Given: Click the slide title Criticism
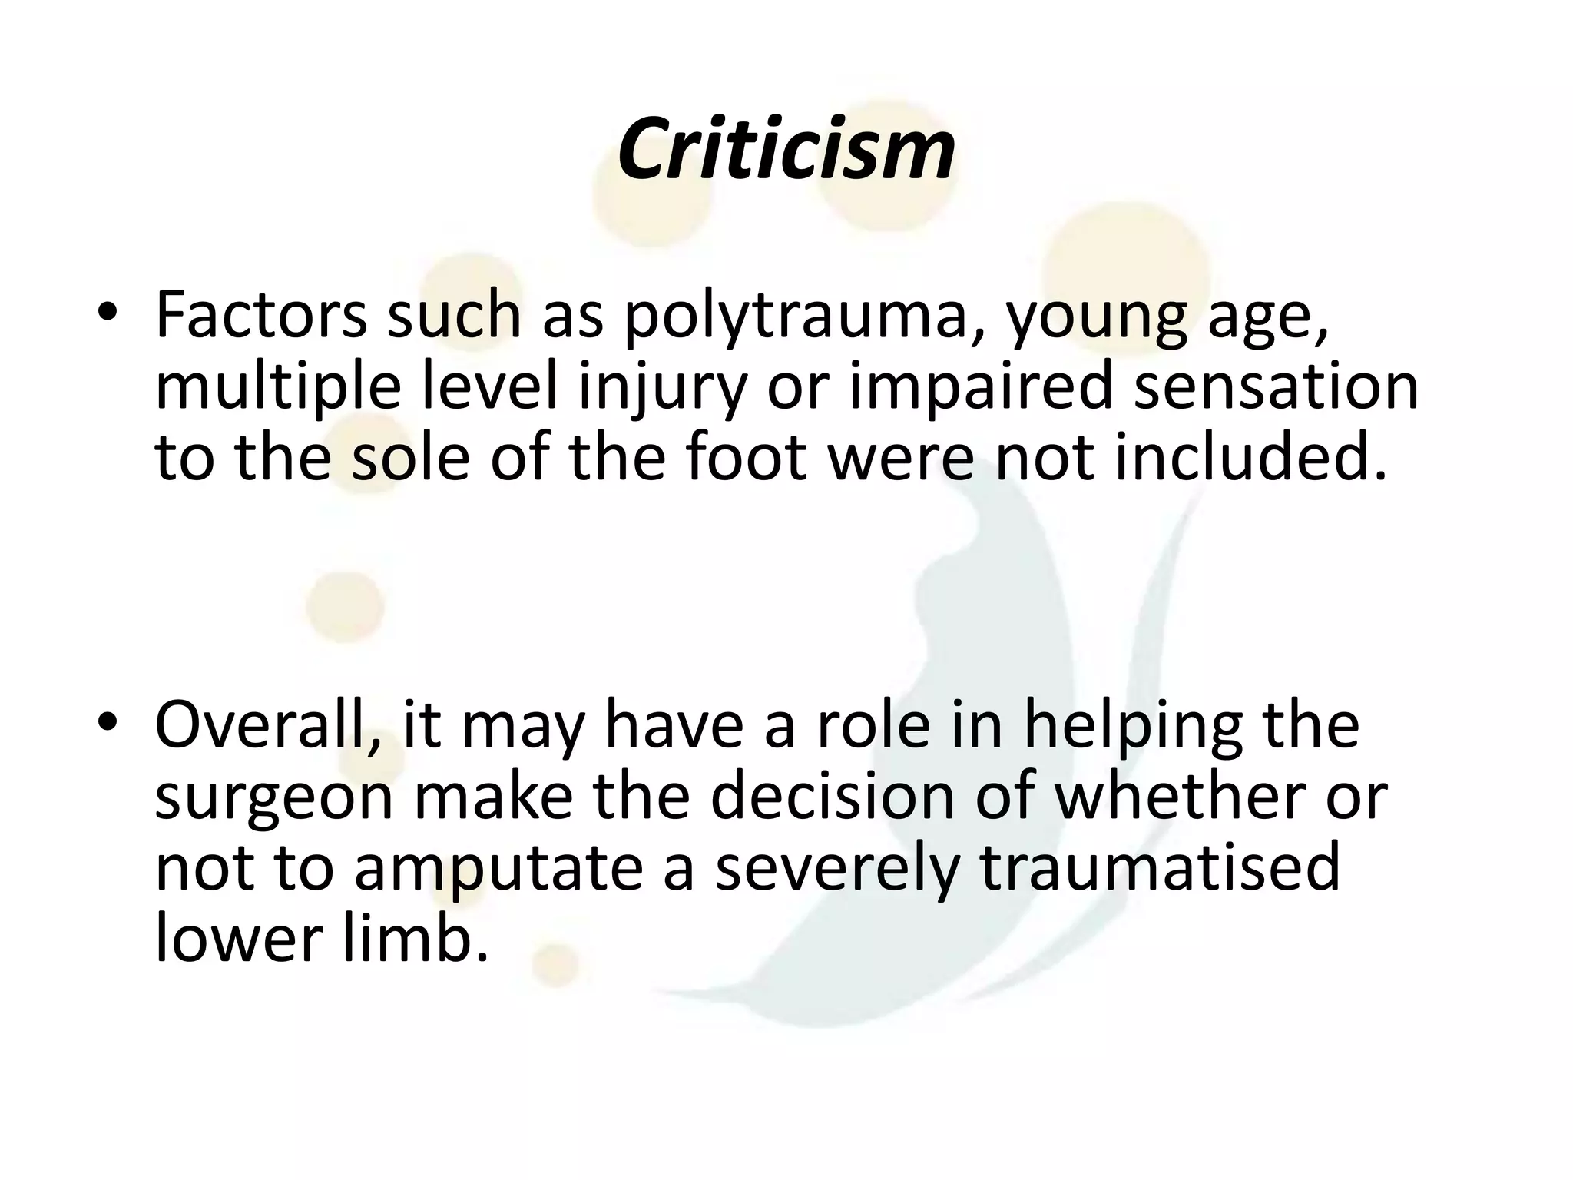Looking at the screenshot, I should [786, 149].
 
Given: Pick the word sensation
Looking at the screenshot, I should [1276, 386].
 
